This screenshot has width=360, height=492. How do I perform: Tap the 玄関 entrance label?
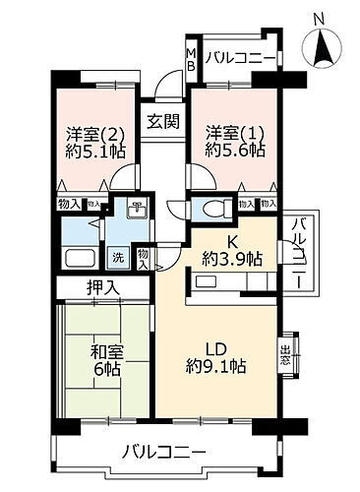163,122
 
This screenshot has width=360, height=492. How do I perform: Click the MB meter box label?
192,58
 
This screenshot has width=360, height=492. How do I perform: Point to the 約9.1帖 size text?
218,365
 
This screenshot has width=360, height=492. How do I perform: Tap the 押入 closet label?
102,288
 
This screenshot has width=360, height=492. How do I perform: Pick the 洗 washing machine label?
116,259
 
